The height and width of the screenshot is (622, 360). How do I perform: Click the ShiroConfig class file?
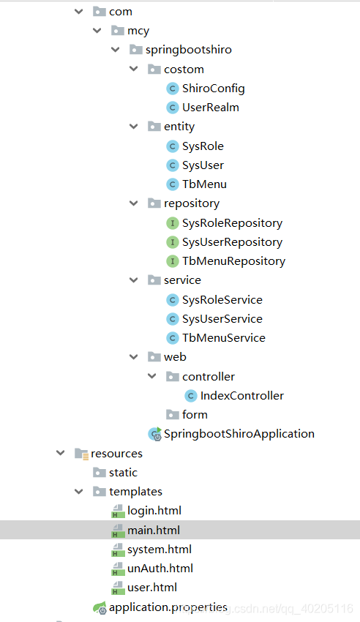click(x=213, y=89)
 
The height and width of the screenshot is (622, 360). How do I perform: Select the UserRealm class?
click(x=210, y=108)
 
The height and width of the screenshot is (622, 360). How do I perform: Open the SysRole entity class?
click(x=203, y=146)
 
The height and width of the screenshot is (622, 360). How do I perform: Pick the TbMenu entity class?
click(x=204, y=184)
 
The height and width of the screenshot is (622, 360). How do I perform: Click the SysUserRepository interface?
click(x=232, y=242)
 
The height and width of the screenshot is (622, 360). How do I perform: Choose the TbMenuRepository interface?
click(x=233, y=261)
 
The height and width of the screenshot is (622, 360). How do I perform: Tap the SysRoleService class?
click(x=222, y=300)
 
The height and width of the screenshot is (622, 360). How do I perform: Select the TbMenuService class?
click(x=223, y=338)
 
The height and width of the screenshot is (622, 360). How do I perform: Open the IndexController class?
click(x=241, y=396)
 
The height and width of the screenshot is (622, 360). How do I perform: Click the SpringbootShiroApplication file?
click(x=239, y=434)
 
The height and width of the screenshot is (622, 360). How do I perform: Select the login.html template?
click(x=154, y=511)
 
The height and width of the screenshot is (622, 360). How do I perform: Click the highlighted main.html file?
click(x=153, y=530)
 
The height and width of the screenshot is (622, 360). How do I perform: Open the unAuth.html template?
click(x=160, y=569)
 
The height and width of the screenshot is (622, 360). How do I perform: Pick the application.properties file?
click(x=168, y=607)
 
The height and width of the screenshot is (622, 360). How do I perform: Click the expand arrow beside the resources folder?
click(x=61, y=454)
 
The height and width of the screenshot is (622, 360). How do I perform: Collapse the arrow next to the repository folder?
click(x=133, y=203)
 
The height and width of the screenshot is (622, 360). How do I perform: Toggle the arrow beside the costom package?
click(x=133, y=70)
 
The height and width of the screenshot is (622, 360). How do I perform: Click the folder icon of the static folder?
click(x=99, y=473)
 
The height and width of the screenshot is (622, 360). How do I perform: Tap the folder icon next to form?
click(x=172, y=415)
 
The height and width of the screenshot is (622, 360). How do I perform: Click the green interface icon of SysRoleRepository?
click(x=173, y=223)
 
